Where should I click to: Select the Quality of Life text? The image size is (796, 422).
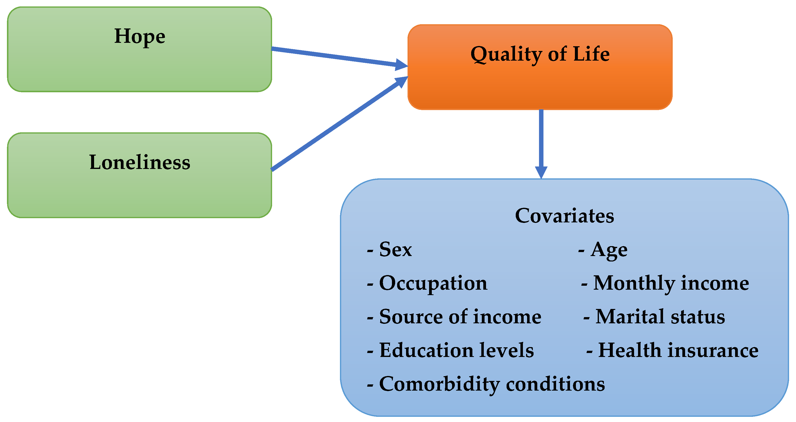pos(540,54)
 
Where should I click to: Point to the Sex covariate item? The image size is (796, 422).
pos(389,249)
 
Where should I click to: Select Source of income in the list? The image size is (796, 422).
pos(454,316)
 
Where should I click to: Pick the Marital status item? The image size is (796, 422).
pos(654,316)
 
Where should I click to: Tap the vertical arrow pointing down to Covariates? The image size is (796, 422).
pos(541,144)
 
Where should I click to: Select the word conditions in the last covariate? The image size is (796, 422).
pos(555,384)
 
